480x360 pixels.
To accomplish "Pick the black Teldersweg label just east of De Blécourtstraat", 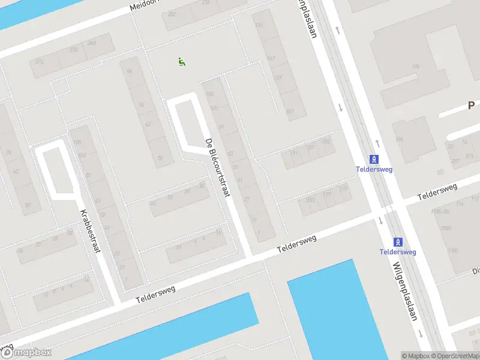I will pyautogui.click(x=296, y=245).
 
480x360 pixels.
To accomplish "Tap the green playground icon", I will pyautogui.click(x=182, y=62).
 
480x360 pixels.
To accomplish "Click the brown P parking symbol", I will pyautogui.click(x=472, y=106).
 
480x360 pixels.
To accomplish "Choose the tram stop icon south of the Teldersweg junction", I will pyautogui.click(x=397, y=242).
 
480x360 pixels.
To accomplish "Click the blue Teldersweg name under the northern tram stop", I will pyautogui.click(x=374, y=170).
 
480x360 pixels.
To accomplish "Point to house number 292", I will pyautogui.click(x=40, y=62).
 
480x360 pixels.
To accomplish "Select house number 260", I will pyautogui.click(x=92, y=43).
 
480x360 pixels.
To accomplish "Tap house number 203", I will pyautogui.click(x=310, y=201).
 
